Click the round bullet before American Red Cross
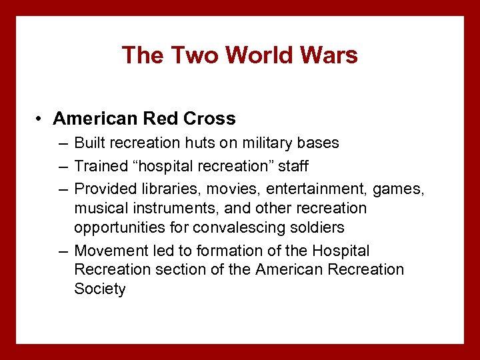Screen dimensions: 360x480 coord(41,119)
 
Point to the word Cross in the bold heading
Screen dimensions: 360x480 coord(210,119)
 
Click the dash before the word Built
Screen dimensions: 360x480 coord(62,143)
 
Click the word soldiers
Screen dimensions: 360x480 coord(317,227)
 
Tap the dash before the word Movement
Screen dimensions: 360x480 coord(62,251)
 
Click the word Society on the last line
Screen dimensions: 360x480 coord(99,289)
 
